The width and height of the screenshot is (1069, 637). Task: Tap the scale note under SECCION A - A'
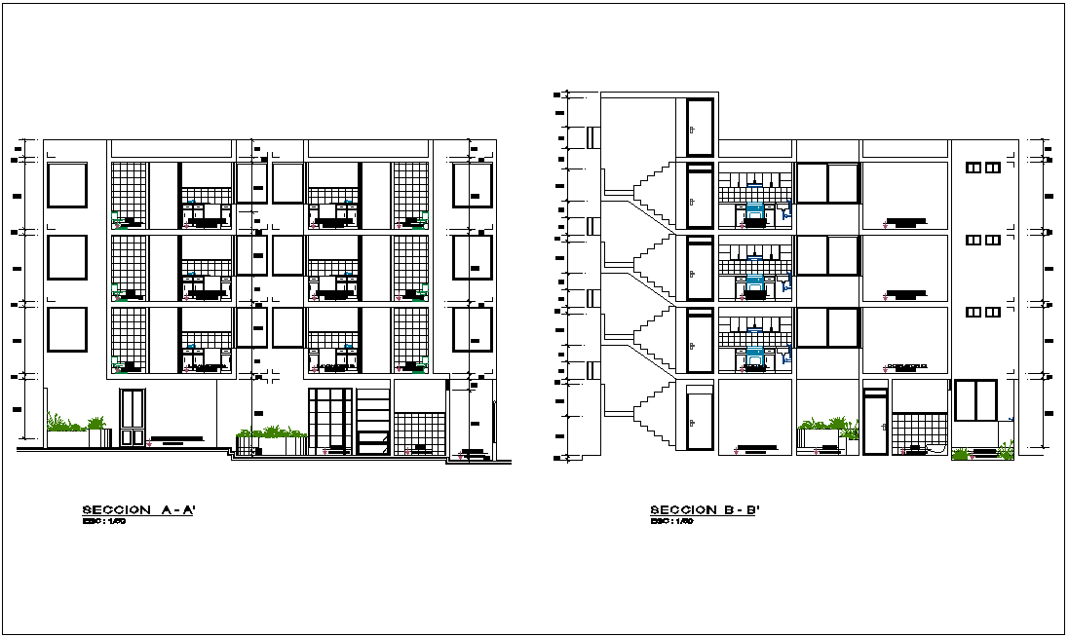104,522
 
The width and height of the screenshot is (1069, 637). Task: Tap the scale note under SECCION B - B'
671,522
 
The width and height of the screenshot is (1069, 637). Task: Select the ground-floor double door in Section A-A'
132,418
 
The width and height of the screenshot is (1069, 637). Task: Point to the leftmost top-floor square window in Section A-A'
67,185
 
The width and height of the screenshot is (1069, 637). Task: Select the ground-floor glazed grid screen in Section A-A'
329,421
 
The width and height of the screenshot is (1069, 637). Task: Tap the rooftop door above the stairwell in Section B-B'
700,127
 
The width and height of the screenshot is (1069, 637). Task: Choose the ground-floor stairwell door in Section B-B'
700,421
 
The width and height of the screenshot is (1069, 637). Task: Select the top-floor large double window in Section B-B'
827,183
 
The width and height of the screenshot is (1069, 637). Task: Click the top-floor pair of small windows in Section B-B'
982,168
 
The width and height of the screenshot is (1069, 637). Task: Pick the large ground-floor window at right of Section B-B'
975,401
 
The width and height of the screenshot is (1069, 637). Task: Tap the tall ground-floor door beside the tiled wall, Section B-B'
875,422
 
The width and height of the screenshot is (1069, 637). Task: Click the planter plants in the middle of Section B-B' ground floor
826,427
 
